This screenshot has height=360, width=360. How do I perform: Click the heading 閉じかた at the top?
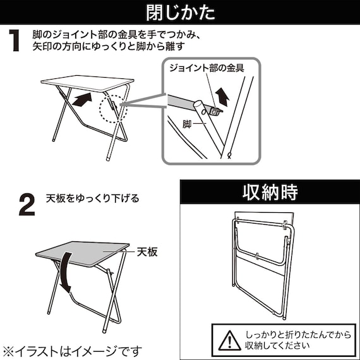[180, 12]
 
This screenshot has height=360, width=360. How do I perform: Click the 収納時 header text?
[270, 191]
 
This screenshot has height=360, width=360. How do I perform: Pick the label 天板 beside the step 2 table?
[147, 252]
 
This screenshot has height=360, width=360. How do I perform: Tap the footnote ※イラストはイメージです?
[72, 350]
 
